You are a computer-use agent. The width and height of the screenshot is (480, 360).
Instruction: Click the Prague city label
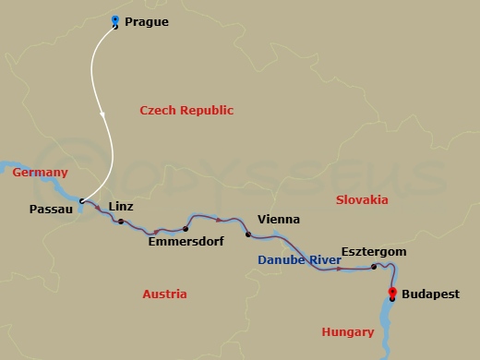tap(146, 21)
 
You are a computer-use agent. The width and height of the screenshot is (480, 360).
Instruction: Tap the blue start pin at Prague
tap(114, 21)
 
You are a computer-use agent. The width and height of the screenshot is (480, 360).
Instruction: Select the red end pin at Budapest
tap(393, 294)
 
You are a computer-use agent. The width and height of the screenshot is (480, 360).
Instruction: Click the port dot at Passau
tap(81, 200)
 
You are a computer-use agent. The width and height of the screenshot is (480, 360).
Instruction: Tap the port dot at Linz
tap(121, 222)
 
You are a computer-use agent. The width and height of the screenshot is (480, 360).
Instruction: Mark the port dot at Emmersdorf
tap(186, 228)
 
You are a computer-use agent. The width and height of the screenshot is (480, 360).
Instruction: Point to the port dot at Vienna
tap(247, 234)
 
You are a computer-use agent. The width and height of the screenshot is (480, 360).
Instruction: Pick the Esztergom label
tap(373, 251)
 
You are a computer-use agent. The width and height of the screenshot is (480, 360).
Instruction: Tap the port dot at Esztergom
tap(374, 267)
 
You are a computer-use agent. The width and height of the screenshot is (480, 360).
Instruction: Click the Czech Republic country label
tap(186, 111)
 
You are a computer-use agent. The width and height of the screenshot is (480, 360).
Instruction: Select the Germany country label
tap(40, 173)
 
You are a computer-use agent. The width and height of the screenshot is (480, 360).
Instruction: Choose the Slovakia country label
tap(363, 199)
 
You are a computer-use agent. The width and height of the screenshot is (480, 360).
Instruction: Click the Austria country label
tap(164, 294)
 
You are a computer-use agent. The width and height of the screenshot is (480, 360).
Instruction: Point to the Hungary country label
tap(347, 331)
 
